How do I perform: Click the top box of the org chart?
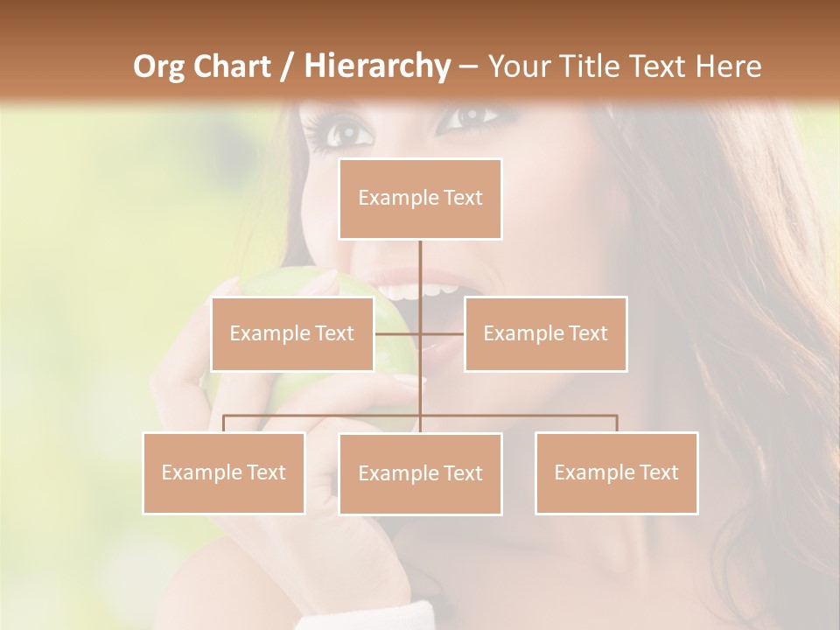coord(420,199)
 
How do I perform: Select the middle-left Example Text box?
coord(292,333)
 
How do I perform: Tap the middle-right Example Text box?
coord(545,333)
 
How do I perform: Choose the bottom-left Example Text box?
coord(224,472)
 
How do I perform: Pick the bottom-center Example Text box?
coord(420,473)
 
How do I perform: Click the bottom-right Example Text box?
coord(616,472)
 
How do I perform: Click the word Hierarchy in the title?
coord(376,66)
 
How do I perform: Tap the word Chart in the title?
coord(234,66)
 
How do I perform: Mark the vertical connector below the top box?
coord(420,267)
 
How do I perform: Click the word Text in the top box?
coord(463,198)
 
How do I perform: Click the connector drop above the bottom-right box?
coord(616,423)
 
